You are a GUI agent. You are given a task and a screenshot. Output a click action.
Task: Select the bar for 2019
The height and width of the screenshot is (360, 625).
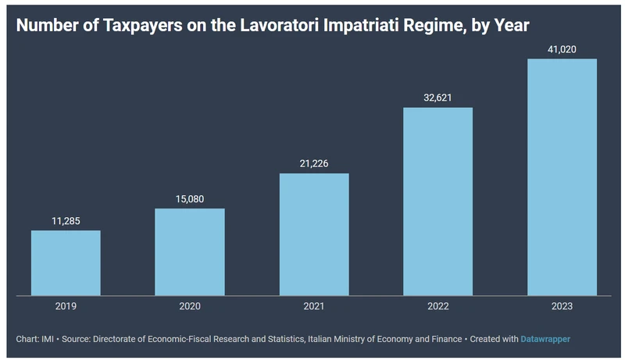tap(66, 263)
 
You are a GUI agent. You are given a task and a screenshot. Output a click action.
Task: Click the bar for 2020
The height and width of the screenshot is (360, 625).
tap(190, 252)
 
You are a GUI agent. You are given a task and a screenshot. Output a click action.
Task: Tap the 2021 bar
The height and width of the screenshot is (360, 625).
tap(314, 234)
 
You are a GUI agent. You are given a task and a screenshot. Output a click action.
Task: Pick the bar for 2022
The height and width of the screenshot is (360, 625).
tap(437, 201)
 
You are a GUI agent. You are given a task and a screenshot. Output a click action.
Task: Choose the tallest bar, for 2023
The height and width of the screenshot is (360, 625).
tap(562, 177)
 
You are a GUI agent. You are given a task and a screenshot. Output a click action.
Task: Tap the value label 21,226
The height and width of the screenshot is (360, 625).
tap(314, 162)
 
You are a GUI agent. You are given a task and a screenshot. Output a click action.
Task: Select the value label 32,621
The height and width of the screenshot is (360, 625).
tap(437, 97)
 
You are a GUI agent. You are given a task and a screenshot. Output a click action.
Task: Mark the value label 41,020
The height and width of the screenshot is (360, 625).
tap(562, 48)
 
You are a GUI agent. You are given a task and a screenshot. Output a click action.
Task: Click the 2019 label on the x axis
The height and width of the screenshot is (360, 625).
tap(66, 307)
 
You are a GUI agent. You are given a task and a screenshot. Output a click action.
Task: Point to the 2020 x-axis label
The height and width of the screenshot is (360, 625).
tap(190, 307)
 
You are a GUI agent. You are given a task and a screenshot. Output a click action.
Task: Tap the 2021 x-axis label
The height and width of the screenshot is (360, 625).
tap(314, 307)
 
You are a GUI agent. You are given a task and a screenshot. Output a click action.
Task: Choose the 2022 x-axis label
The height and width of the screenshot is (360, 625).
tap(437, 307)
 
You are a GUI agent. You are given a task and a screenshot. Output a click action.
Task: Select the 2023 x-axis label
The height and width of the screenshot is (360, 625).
tap(562, 307)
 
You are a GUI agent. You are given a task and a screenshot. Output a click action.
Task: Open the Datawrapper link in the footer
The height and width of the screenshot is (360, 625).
tap(545, 339)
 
